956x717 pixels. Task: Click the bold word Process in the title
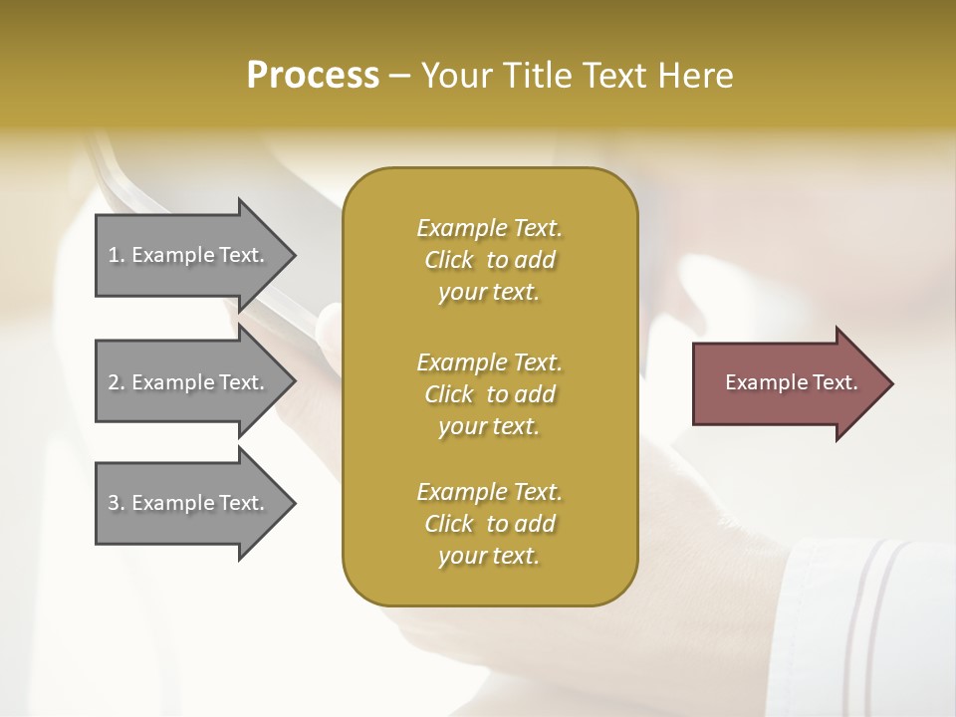(x=313, y=76)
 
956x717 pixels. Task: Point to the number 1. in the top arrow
(x=116, y=255)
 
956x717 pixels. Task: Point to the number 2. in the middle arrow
(x=116, y=382)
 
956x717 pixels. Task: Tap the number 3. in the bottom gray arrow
(x=116, y=503)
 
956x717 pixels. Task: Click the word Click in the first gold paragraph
(x=449, y=261)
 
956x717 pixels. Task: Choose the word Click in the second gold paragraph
(x=449, y=394)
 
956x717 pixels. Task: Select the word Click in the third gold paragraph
(x=449, y=524)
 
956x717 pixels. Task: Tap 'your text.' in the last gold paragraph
(x=489, y=557)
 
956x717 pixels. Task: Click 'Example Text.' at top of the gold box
(x=489, y=228)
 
